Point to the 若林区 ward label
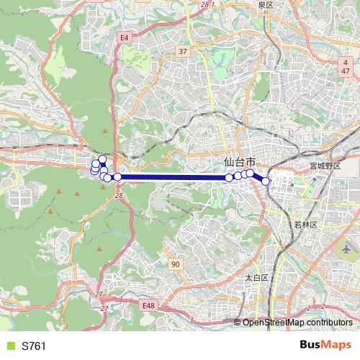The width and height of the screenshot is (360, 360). coord(305,225)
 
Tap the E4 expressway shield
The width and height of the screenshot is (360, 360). coord(125,37)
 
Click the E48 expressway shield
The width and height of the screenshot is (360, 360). coord(149,306)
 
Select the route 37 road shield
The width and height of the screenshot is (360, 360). coord(183,51)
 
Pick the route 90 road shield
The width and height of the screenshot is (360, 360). coord(175,265)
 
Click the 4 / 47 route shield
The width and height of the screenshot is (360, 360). coord(346,68)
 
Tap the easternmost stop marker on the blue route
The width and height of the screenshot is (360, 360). coord(266,181)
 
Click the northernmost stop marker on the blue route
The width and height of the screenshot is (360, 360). coord(102,159)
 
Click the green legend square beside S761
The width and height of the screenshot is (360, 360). coord(9,346)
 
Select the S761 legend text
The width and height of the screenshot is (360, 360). coord(34,346)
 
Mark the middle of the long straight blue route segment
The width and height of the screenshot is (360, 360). coord(173,176)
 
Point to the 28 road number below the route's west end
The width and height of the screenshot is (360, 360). coord(118,196)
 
